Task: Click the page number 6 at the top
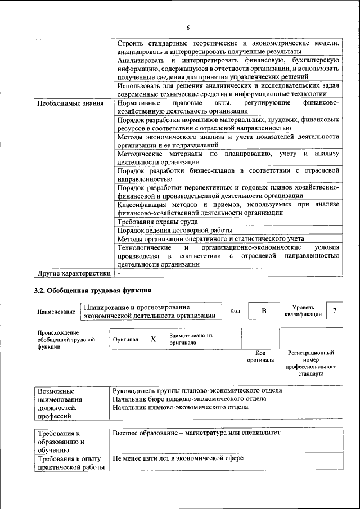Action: (x=188, y=28)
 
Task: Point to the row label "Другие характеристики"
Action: (x=73, y=274)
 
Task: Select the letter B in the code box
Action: (x=264, y=311)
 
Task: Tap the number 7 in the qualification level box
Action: (x=335, y=311)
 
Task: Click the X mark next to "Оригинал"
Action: (x=153, y=339)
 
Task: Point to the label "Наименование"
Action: (x=56, y=312)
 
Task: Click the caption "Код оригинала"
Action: (x=260, y=356)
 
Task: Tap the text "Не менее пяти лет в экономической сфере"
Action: (x=178, y=458)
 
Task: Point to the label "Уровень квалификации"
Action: (x=307, y=311)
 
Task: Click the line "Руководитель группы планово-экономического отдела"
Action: (x=197, y=390)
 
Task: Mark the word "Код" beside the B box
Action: (x=235, y=311)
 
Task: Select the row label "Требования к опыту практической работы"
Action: (x=71, y=463)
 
